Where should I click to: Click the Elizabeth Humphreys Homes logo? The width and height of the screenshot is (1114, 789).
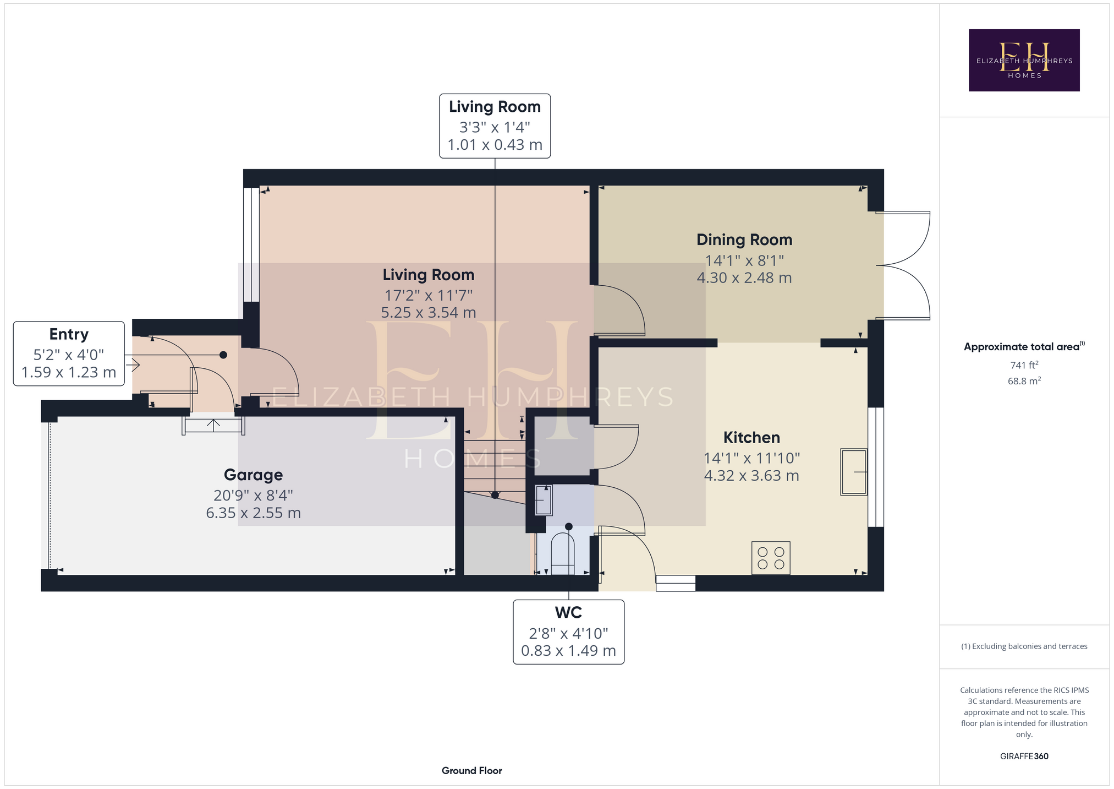(1024, 60)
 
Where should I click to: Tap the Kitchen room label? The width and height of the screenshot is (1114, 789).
(751, 438)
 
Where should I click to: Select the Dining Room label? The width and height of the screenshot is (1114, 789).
(744, 240)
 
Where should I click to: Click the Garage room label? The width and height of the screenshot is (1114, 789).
(253, 475)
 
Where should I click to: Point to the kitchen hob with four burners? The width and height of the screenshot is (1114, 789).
(771, 558)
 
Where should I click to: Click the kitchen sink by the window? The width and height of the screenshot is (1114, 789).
(854, 472)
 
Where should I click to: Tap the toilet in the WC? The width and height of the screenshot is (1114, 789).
(562, 553)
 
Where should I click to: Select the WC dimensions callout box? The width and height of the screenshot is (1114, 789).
(568, 632)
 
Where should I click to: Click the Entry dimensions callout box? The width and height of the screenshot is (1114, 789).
(69, 353)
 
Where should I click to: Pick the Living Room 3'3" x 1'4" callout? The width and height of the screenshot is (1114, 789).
(495, 126)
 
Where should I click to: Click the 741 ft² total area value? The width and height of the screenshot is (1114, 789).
(1024, 364)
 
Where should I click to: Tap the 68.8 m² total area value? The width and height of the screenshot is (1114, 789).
(1024, 380)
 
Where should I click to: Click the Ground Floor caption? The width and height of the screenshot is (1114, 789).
(471, 770)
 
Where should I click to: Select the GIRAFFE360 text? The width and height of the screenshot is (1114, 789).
(1024, 756)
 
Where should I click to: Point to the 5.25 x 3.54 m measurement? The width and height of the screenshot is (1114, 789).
(429, 313)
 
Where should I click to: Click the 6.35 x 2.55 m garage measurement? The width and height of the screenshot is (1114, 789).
(253, 513)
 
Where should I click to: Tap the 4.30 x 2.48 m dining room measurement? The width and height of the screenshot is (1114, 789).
(744, 278)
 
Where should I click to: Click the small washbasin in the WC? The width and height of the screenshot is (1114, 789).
(544, 500)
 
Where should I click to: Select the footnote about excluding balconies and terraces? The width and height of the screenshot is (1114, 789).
(1024, 646)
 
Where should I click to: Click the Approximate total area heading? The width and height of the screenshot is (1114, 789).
(1024, 346)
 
